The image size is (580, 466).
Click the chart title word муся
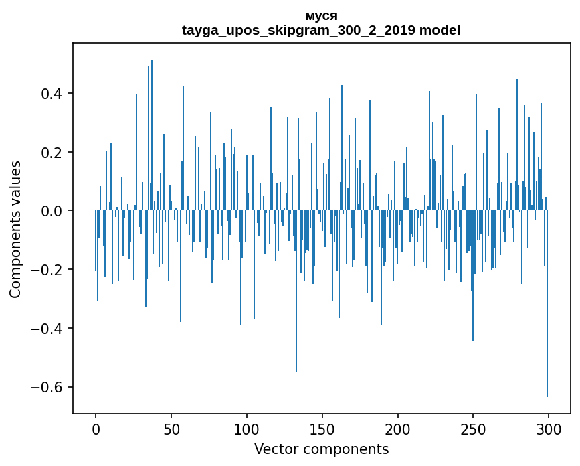321,15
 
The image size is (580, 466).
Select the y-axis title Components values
15,229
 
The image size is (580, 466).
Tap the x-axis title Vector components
321,449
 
